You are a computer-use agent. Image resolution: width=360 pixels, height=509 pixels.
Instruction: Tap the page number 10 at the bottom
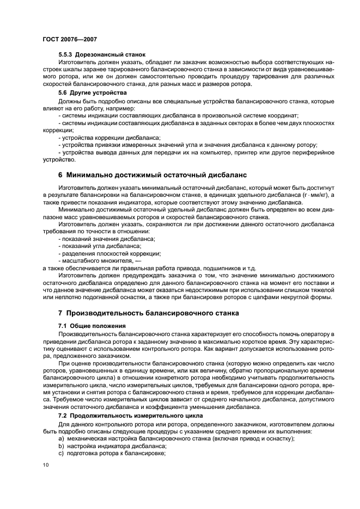[46, 464]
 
